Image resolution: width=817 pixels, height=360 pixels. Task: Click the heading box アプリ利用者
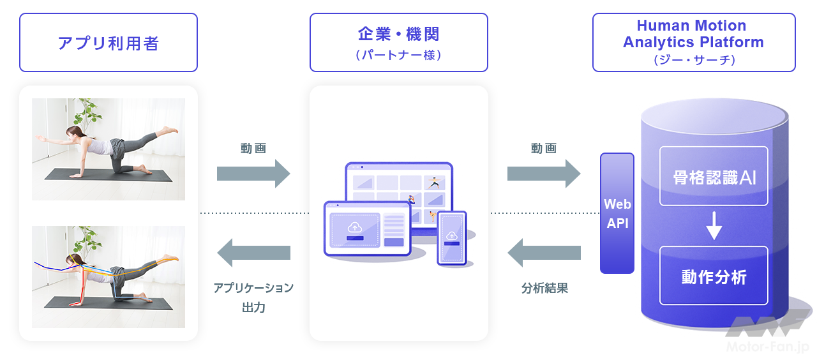click(x=109, y=43)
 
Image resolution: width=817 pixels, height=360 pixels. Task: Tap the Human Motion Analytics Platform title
click(x=693, y=34)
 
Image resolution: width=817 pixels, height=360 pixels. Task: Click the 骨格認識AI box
click(x=713, y=177)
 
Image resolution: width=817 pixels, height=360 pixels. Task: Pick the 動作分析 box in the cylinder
click(x=713, y=276)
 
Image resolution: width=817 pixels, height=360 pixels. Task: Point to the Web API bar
click(x=617, y=213)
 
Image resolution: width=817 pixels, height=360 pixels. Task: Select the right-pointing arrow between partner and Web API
click(x=543, y=174)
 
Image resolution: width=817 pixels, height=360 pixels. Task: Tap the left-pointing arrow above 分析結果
click(x=544, y=253)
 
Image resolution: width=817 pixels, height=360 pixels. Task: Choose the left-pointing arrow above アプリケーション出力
click(x=253, y=253)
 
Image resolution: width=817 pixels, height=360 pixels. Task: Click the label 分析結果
click(x=544, y=288)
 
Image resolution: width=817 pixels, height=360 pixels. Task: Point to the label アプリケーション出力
click(x=253, y=297)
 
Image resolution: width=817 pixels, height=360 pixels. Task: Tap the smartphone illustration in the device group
click(x=452, y=237)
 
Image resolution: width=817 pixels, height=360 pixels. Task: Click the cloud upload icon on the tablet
click(x=354, y=227)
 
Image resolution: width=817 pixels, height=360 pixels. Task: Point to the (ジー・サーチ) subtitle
click(x=693, y=59)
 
